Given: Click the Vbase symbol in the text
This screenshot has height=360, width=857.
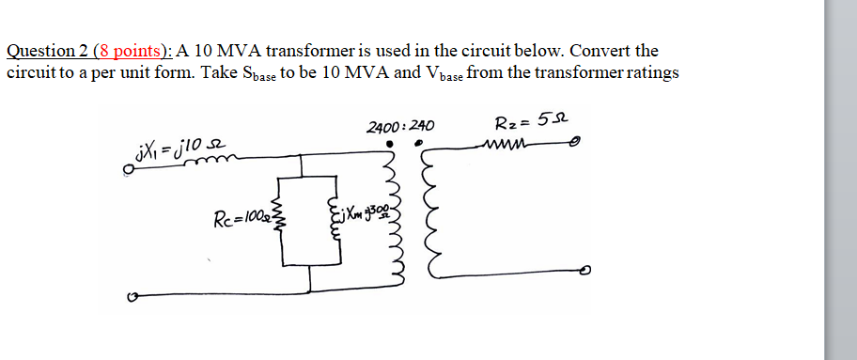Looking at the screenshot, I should [444, 73].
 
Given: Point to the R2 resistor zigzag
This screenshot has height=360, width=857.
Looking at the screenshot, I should [506, 145].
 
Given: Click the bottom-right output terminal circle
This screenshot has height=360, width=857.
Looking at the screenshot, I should [584, 272].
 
